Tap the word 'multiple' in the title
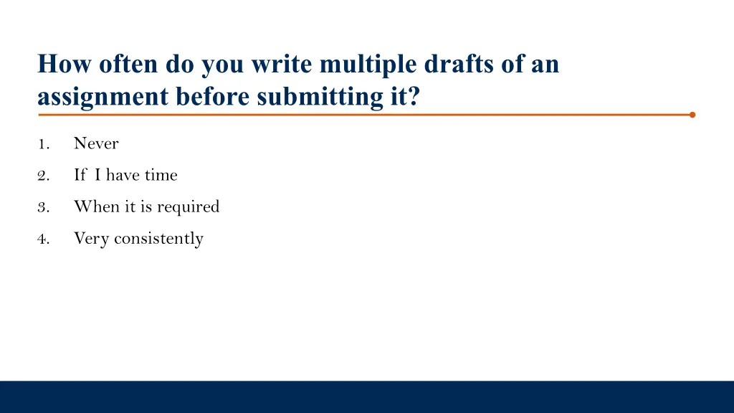(x=370, y=65)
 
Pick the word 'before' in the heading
(x=212, y=97)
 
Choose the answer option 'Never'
(x=96, y=143)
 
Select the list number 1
(x=43, y=144)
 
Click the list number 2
(x=43, y=176)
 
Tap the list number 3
(x=43, y=207)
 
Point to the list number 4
(x=43, y=239)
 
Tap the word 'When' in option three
(x=91, y=206)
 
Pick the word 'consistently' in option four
(x=158, y=239)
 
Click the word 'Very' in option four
(x=91, y=239)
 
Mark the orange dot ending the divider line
(x=692, y=114)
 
